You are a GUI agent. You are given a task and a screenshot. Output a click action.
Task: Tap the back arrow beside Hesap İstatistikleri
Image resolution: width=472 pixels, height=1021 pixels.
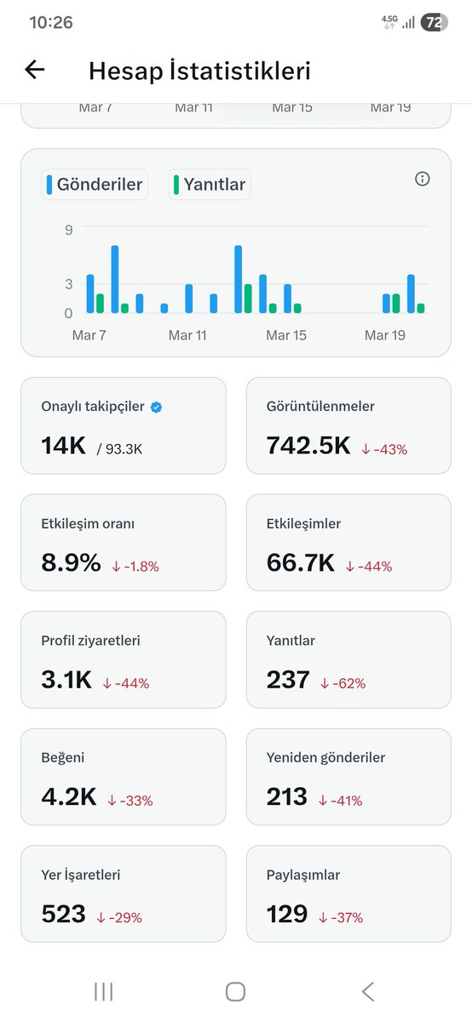[34, 70]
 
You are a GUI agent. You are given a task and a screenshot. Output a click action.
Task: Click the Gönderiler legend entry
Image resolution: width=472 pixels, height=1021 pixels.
[95, 184]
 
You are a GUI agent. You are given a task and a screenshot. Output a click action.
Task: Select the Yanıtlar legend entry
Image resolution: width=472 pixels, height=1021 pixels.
[210, 184]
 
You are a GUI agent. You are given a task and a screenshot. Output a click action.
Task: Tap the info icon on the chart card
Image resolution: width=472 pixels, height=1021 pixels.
[422, 179]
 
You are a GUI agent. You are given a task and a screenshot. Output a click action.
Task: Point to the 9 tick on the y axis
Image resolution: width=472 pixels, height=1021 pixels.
[68, 230]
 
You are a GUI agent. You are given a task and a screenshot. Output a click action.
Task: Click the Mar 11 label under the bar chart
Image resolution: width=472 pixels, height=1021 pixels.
[187, 335]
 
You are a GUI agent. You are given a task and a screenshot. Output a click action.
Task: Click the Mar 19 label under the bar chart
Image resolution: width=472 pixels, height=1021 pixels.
[384, 335]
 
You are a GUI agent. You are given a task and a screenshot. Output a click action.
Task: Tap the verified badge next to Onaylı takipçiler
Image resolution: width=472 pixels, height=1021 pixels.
[156, 407]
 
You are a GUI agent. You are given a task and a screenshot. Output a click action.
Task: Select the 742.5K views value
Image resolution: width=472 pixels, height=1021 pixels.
[308, 445]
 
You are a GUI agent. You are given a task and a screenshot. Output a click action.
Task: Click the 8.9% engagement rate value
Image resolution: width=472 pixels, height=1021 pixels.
[71, 562]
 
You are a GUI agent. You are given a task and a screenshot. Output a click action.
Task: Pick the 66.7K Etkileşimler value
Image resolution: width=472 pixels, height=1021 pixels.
[301, 562]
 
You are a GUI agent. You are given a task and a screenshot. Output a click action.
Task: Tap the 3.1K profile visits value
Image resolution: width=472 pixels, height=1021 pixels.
[67, 680]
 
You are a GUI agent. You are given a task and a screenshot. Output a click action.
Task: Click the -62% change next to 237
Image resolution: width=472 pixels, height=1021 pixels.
[343, 682]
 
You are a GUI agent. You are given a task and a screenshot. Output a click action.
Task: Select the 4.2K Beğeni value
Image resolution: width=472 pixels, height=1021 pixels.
[69, 797]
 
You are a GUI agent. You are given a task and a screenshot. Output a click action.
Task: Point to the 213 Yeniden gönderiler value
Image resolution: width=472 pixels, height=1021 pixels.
[287, 797]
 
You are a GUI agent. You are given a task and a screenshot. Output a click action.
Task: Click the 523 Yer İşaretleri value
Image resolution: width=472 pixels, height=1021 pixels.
[64, 915]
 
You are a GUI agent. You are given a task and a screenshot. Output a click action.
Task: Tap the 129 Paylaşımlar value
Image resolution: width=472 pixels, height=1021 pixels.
[287, 915]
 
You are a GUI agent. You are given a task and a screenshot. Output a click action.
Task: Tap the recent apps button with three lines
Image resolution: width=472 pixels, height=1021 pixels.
[103, 991]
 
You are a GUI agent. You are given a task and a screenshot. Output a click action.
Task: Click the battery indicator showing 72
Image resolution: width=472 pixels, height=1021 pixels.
[434, 23]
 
